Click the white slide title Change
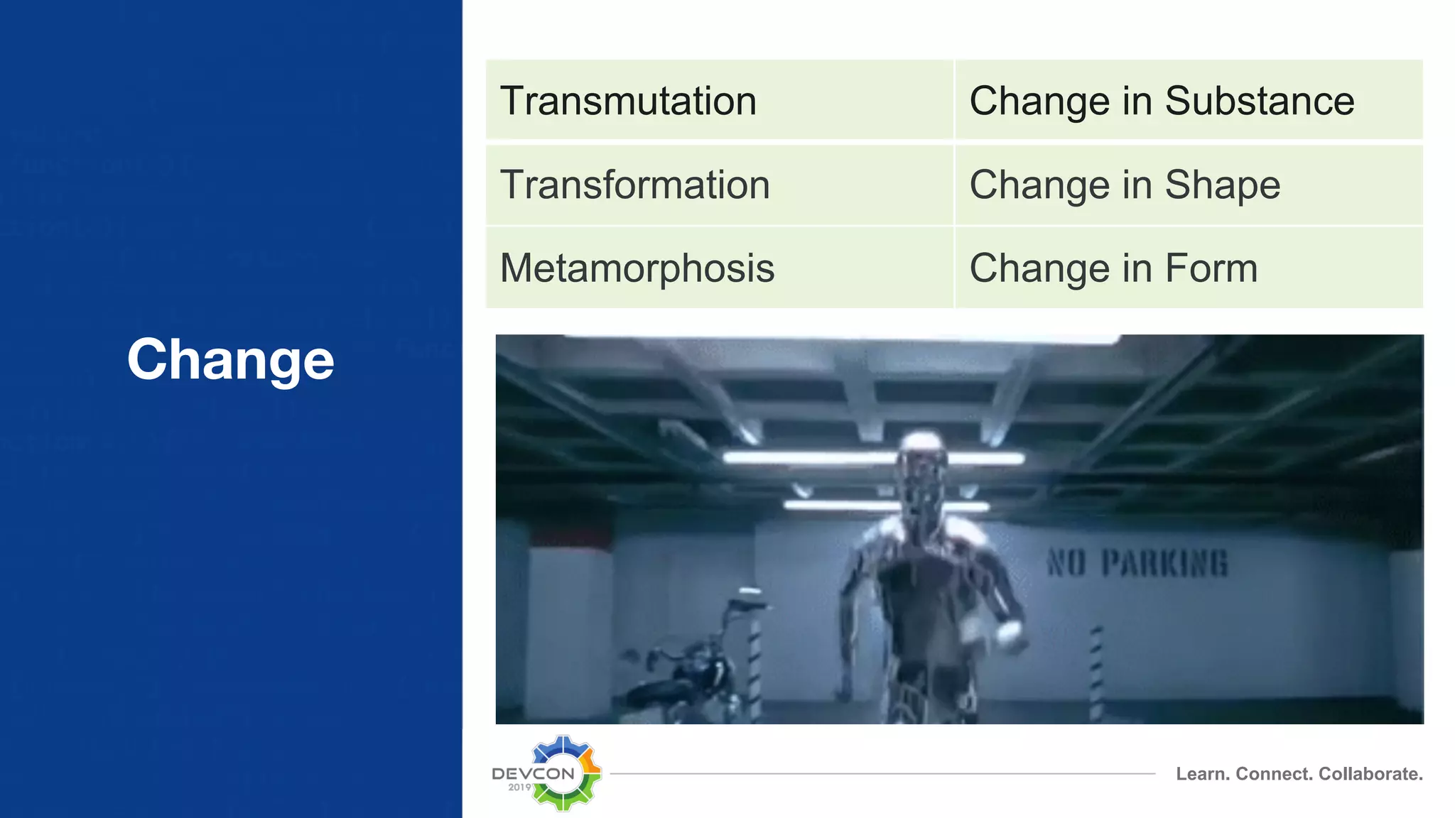(x=230, y=359)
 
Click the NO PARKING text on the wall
(x=1137, y=563)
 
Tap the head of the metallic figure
(x=921, y=454)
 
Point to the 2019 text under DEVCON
(x=519, y=787)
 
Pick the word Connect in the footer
(x=1275, y=774)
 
